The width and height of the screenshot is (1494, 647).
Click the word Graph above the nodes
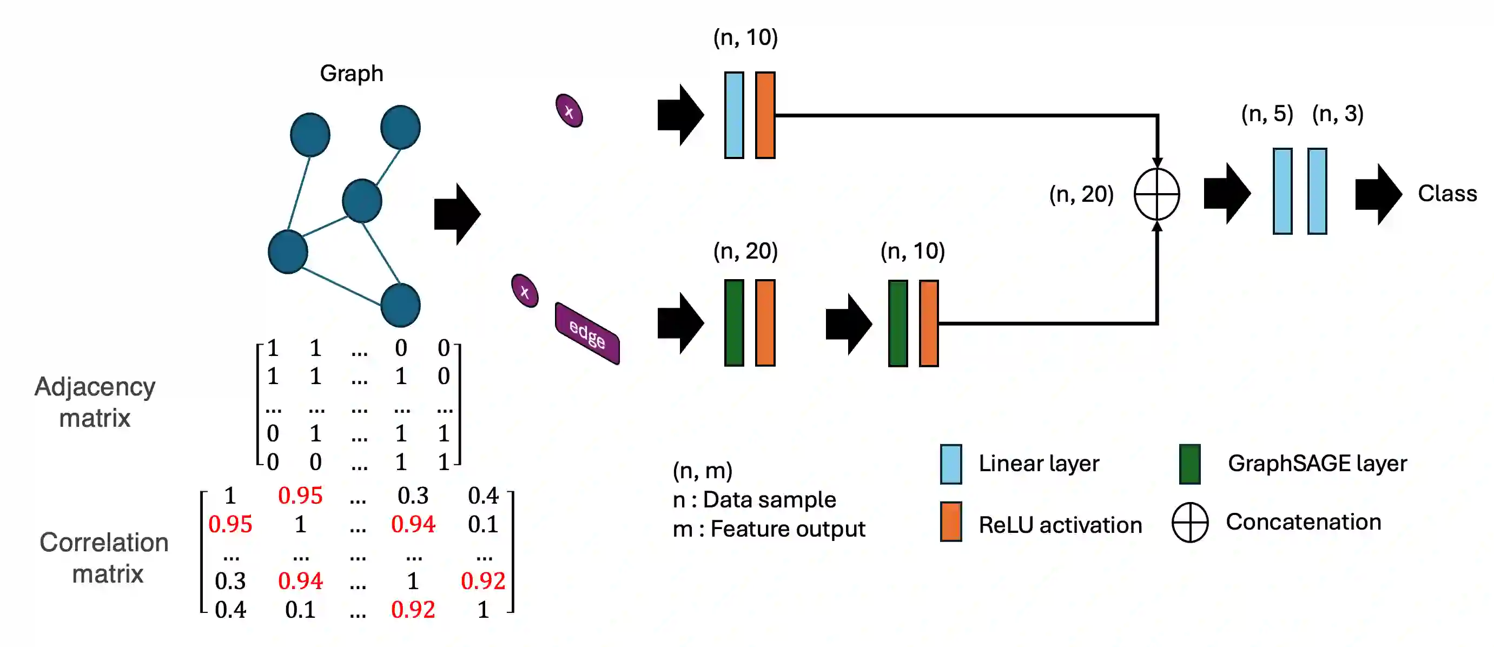[352, 74]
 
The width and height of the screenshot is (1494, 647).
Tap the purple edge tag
[587, 334]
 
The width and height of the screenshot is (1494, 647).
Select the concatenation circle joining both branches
[1156, 194]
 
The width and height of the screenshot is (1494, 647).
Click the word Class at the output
[1447, 193]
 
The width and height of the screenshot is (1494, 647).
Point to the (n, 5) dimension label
[1267, 114]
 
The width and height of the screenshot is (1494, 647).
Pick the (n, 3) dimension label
[1338, 114]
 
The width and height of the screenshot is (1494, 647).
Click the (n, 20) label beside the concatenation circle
[1081, 194]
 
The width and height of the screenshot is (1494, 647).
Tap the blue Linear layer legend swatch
[950, 464]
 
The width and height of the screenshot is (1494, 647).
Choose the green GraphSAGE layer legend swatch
[1189, 464]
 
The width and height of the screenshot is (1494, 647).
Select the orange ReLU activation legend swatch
[950, 521]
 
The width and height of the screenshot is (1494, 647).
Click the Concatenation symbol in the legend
[1189, 522]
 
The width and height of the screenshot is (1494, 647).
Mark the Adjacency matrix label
[95, 402]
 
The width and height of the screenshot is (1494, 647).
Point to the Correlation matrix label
[105, 558]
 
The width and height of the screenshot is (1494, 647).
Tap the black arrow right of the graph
[457, 214]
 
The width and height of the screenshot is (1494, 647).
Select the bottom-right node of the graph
[400, 305]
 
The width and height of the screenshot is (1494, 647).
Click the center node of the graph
[362, 201]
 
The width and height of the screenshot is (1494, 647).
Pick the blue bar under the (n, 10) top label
[733, 115]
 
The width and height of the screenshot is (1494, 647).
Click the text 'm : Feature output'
[769, 529]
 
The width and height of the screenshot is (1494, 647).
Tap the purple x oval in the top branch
[569, 111]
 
